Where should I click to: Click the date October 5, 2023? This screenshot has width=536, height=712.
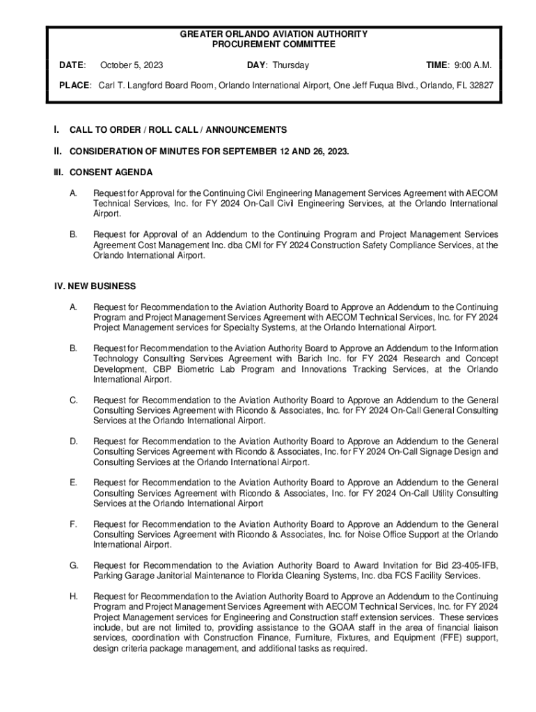[x=132, y=65]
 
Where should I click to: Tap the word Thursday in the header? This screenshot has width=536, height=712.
[x=290, y=65]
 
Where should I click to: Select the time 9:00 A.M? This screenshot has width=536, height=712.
[x=473, y=65]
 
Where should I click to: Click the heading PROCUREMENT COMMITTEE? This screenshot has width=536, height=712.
[x=274, y=44]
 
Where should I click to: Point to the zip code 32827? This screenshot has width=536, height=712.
[x=480, y=86]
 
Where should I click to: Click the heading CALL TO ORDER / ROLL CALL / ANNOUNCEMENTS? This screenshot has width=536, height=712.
[x=178, y=130]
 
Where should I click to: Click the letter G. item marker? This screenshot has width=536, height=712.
[x=73, y=565]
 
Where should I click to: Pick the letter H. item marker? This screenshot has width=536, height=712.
[x=73, y=597]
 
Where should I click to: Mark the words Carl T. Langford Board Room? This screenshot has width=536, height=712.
[x=155, y=86]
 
